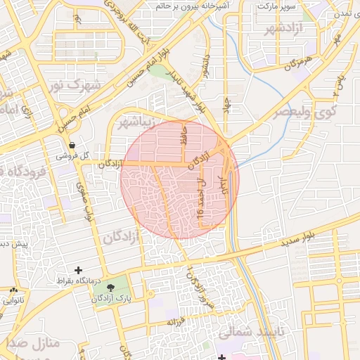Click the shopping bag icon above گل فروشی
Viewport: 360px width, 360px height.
(x=72, y=146)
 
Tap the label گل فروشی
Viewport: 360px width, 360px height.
(x=74, y=155)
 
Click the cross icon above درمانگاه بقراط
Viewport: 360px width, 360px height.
(x=78, y=270)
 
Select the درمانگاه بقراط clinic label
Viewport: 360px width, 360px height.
(x=79, y=281)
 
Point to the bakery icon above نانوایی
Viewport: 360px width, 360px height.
(x=13, y=290)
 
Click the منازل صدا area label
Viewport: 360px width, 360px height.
(x=35, y=344)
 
